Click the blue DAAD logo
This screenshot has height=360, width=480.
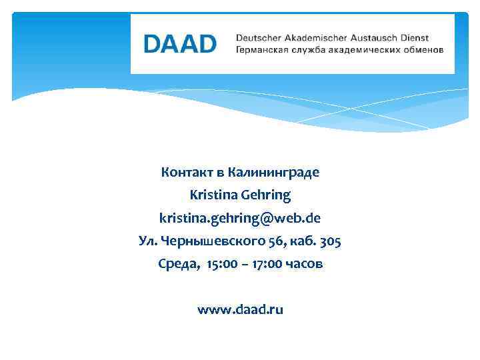point(180,44)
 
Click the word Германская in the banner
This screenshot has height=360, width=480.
point(261,50)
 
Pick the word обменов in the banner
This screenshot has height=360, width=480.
point(421,50)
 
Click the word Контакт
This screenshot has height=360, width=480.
point(186,173)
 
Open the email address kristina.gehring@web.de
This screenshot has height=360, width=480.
point(240,219)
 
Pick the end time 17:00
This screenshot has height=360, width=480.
point(265,264)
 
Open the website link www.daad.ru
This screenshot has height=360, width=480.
point(240,310)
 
